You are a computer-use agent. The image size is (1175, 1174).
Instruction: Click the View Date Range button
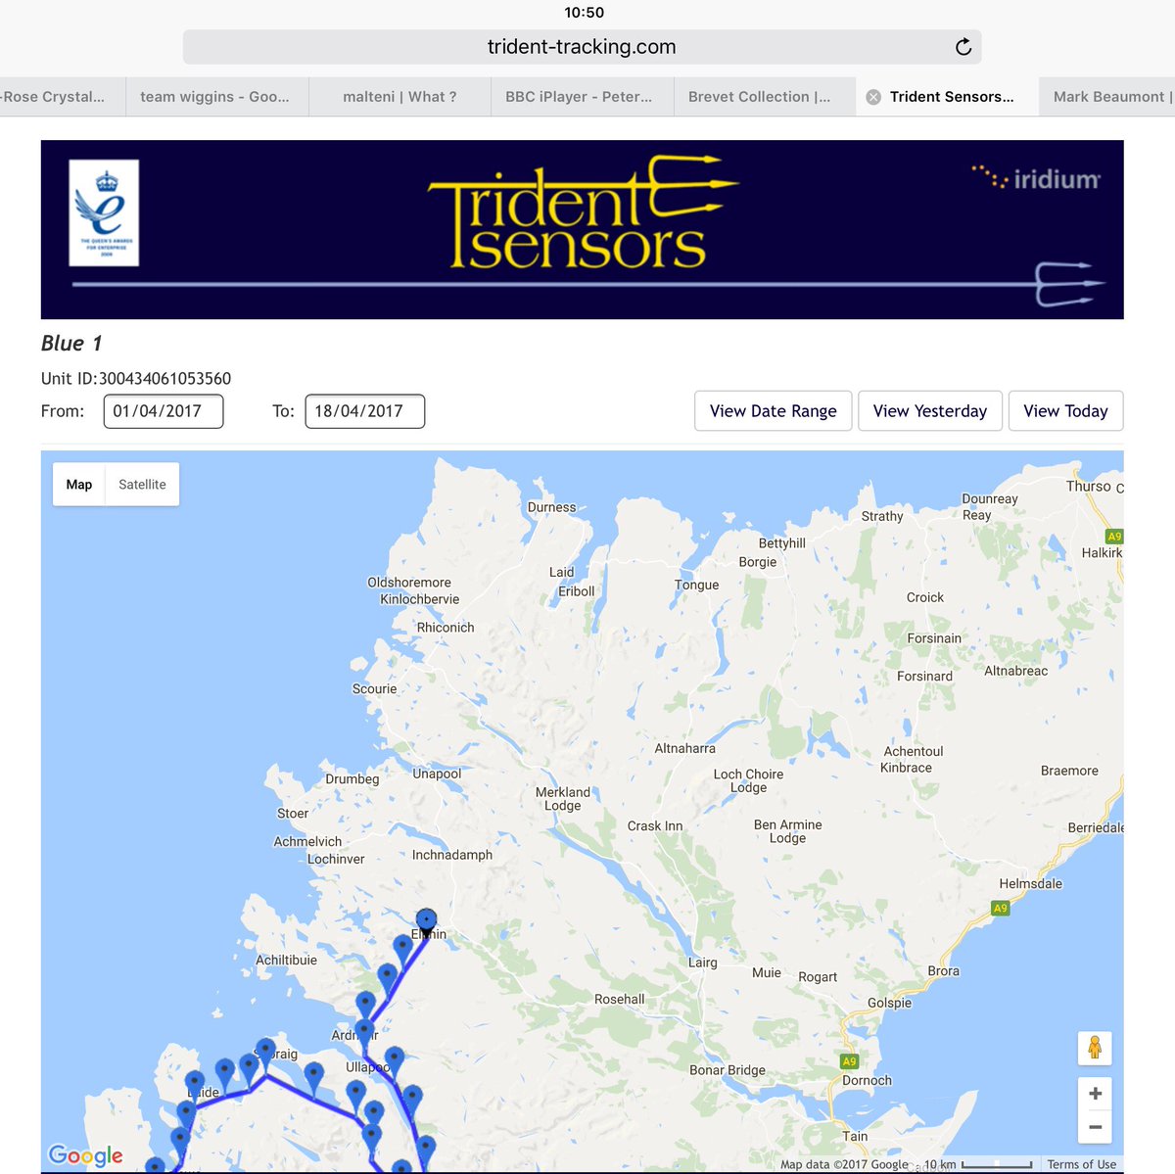pos(773,411)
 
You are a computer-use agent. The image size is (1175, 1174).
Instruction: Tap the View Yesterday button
pos(929,411)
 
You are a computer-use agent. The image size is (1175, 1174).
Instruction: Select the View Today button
pos(1065,411)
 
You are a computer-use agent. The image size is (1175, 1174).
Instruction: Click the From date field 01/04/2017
pos(163,411)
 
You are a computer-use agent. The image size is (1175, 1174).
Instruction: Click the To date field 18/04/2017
pos(364,411)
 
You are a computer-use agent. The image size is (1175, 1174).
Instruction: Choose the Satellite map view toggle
pos(142,485)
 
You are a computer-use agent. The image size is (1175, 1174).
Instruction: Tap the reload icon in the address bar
pos(963,47)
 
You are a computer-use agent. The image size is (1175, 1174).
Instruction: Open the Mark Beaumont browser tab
pos(1109,97)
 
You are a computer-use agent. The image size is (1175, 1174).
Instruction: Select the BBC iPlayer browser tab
pos(578,97)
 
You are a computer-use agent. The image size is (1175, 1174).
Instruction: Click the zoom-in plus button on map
pos(1095,1094)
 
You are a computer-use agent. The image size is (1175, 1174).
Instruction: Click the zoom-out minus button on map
pos(1095,1127)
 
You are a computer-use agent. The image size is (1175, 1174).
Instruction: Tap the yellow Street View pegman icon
pos(1095,1048)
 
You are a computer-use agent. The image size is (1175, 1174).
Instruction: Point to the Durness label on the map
pos(551,507)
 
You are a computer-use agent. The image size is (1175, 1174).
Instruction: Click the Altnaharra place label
pos(684,748)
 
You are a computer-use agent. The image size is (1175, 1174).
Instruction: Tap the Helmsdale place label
pos(1030,883)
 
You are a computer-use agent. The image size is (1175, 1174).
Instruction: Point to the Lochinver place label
pos(336,859)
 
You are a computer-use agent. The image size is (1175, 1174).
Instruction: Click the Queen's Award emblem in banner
pos(104,213)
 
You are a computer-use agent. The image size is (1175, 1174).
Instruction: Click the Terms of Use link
pos(1081,1164)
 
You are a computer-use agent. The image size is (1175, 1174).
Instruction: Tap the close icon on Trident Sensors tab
pos(873,97)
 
